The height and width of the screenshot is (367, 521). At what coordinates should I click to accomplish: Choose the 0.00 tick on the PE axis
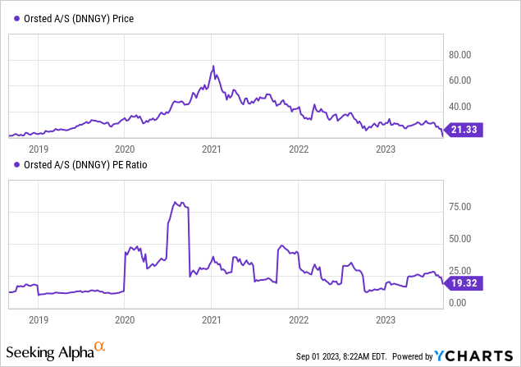click(461, 303)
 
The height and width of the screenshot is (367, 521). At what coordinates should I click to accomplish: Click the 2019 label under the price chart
click(38, 149)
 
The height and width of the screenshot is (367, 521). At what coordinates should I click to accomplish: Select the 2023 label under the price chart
click(385, 149)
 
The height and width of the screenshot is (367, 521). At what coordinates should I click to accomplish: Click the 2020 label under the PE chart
click(125, 319)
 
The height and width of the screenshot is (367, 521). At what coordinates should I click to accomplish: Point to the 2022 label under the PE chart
click(299, 319)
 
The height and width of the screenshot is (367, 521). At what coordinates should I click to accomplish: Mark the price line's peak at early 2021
click(213, 67)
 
